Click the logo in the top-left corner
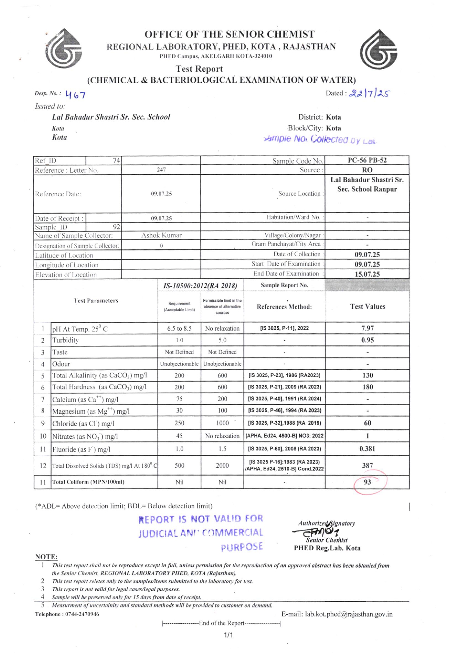point(64,48)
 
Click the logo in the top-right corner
point(378,50)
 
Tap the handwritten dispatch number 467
point(75,95)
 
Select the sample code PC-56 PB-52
point(367,160)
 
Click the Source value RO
point(367,170)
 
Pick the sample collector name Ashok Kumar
point(161,235)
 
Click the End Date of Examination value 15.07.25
point(367,274)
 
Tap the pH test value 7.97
point(367,328)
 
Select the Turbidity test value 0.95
point(367,340)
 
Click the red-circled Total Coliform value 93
point(367,482)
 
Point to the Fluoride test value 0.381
point(367,449)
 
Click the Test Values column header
point(367,306)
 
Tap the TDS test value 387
point(367,465)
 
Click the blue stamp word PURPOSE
point(242,547)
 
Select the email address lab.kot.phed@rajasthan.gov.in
point(349,614)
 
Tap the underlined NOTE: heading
point(46,557)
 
